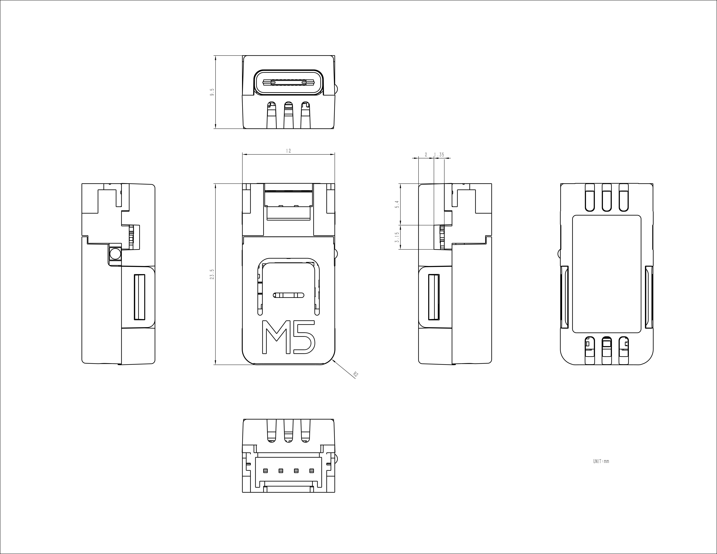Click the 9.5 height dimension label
pyautogui.click(x=212, y=92)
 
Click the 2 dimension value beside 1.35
pyautogui.click(x=426, y=154)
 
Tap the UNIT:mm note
pyautogui.click(x=601, y=461)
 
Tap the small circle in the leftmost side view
pyautogui.click(x=115, y=254)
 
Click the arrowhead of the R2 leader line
pyautogui.click(x=333, y=360)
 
